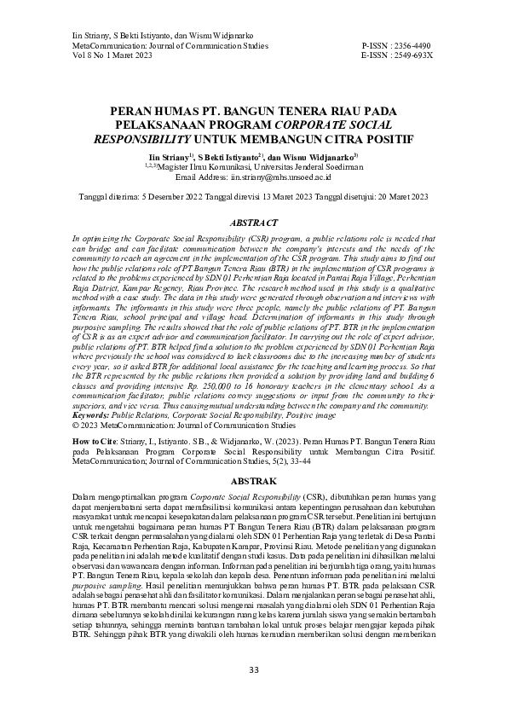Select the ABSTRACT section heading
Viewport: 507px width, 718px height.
[x=253, y=221]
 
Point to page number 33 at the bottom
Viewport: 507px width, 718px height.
[x=253, y=670]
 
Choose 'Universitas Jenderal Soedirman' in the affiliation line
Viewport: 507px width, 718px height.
[x=296, y=168]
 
